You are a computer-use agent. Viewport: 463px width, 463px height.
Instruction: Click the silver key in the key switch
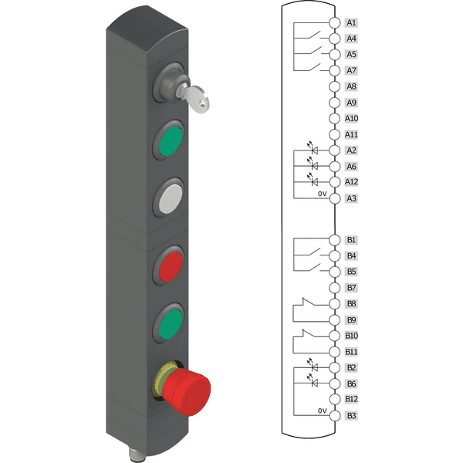tap(195, 98)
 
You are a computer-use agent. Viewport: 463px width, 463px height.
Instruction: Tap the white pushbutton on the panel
tap(171, 198)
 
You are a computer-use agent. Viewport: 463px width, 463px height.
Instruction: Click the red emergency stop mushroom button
tap(185, 390)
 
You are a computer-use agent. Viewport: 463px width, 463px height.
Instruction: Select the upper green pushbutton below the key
tap(171, 141)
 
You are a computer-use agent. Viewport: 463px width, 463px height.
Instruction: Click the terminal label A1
tap(351, 22)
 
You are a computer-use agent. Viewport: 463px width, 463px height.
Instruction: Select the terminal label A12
tap(351, 181)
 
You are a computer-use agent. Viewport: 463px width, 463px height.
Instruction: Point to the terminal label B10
tap(351, 336)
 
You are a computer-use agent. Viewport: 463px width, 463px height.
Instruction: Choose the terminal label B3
tap(351, 416)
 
